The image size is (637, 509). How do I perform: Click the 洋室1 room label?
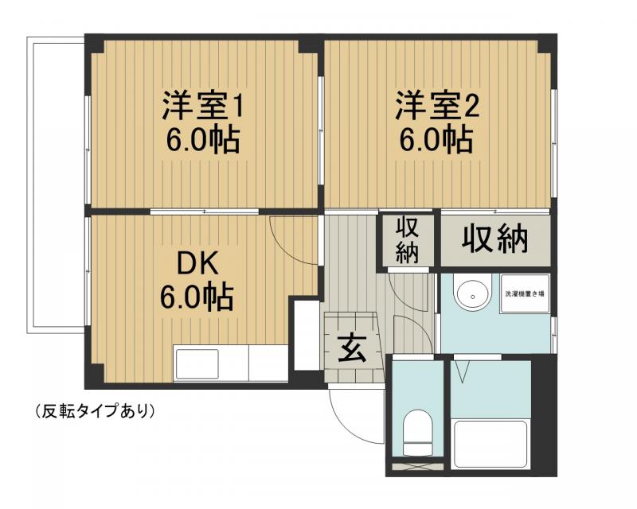click(202, 105)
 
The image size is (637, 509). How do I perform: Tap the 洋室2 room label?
click(436, 105)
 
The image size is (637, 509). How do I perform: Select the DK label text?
click(197, 263)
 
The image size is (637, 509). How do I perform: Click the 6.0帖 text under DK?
click(197, 297)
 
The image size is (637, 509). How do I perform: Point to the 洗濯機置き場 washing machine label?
click(525, 294)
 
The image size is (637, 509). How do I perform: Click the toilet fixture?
click(416, 430)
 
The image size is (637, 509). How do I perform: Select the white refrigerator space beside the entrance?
click(307, 334)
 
